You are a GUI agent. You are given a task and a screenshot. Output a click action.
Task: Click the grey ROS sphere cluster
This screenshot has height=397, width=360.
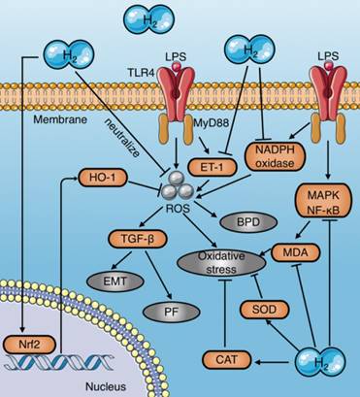(177, 181)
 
